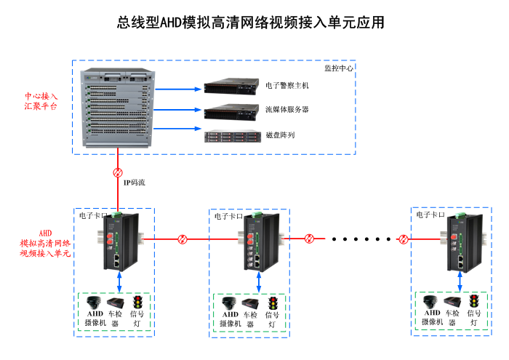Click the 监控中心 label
[x=338, y=68]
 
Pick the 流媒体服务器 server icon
[x=231, y=112]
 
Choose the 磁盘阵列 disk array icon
[x=231, y=136]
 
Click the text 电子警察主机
[x=287, y=85]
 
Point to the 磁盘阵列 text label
[x=280, y=136]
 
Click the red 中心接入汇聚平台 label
[x=41, y=100]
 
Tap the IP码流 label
[x=134, y=182]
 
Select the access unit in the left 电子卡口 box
[x=118, y=240]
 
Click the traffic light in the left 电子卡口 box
[x=136, y=302]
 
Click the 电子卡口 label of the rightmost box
[x=430, y=215]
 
